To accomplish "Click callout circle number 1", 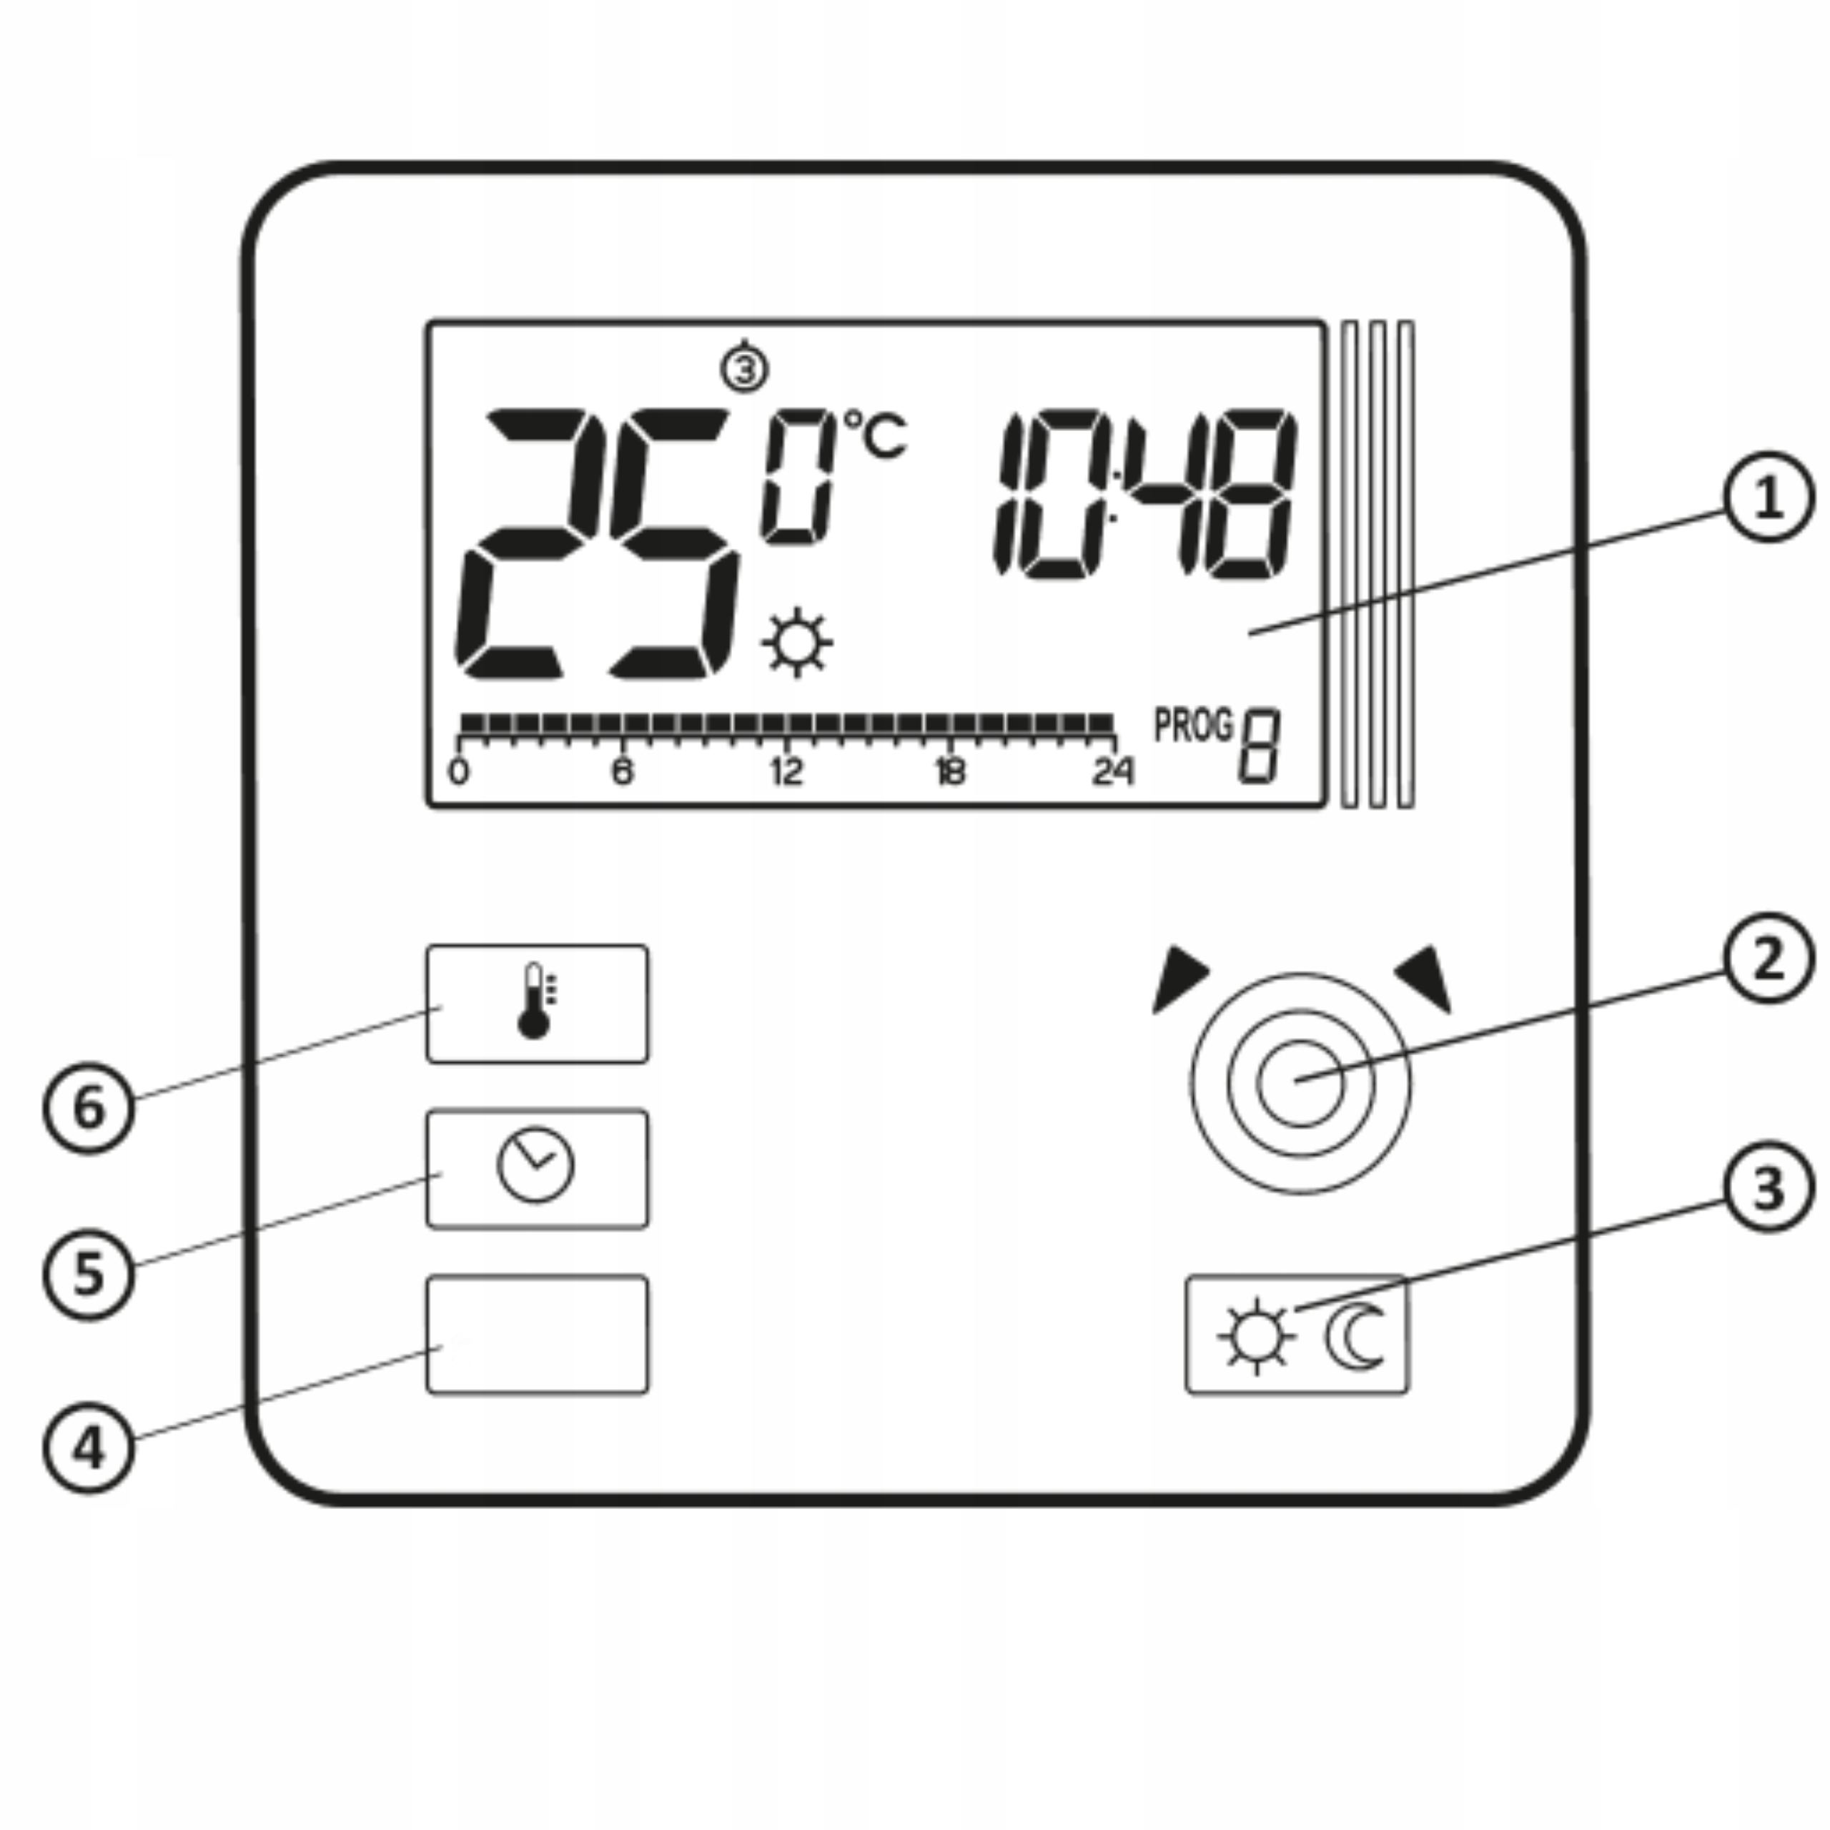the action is click(1768, 498).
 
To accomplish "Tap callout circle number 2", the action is click(1768, 959).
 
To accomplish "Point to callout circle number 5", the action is click(89, 1274).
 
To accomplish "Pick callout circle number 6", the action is click(89, 1107).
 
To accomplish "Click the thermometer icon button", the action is click(537, 1003).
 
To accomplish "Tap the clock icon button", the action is click(537, 1168).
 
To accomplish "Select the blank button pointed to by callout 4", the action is click(537, 1334).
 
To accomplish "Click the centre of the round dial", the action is click(1300, 1084).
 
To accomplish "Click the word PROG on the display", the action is click(1192, 726).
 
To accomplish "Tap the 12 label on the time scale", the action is click(786, 773).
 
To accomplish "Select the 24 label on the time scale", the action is click(1112, 773).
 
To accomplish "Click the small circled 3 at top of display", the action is click(744, 368).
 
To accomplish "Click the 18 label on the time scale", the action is click(950, 773).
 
